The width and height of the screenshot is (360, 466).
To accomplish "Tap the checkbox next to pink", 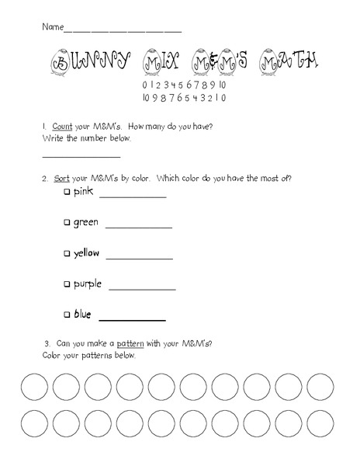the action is [67, 192].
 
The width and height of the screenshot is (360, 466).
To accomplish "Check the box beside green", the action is [67, 223].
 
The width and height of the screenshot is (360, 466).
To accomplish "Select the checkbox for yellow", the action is [67, 253].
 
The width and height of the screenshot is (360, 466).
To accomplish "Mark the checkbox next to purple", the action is [67, 284].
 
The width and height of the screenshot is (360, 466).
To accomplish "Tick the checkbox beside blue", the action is [67, 315].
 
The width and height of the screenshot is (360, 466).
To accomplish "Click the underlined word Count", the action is [62, 125].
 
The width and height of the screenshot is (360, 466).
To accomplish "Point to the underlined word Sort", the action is [62, 178].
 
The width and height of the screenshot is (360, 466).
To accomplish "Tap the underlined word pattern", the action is [131, 343].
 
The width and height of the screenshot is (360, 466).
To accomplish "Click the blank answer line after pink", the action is [133, 197].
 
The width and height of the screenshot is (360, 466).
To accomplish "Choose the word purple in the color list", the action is [88, 284].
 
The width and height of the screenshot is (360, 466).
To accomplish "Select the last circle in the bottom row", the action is [320, 424].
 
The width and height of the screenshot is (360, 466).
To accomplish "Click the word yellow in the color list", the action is [86, 253].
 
